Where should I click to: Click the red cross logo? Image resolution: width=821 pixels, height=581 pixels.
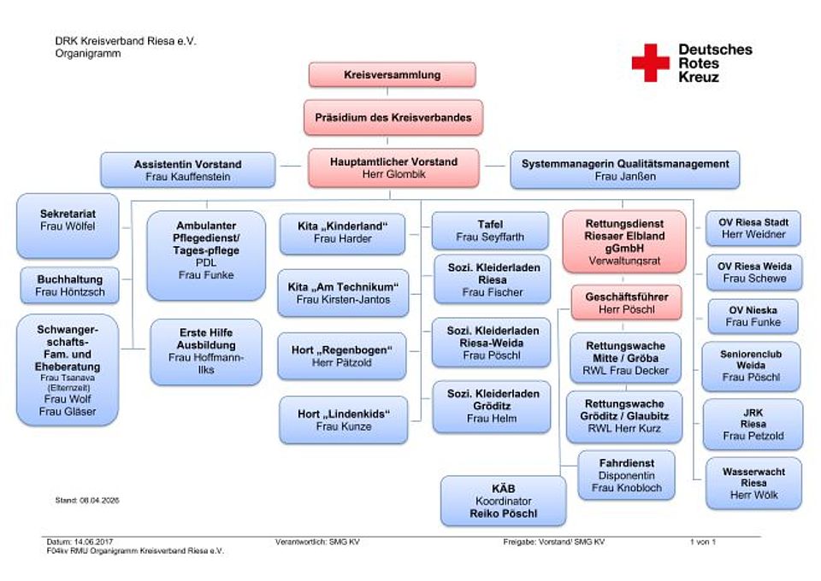650,63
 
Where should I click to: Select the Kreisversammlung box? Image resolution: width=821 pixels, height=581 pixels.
392,74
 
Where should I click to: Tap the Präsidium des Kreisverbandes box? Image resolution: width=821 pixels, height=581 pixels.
392,117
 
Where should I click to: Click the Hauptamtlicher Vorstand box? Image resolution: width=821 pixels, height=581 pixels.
393,168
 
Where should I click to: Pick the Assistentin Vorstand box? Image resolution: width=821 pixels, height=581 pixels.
188,170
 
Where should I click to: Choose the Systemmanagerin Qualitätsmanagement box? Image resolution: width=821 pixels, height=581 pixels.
624,170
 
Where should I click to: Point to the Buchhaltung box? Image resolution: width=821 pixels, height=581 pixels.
70,285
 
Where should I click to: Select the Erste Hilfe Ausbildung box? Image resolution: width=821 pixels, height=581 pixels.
205,350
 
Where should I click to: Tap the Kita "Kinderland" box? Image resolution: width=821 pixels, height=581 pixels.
343,232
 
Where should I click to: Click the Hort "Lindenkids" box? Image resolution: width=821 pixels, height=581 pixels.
343,420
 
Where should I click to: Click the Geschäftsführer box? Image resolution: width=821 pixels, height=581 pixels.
626,302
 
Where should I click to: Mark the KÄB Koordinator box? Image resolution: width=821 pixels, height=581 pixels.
503,501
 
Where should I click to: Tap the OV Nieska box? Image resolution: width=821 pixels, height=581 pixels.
753,315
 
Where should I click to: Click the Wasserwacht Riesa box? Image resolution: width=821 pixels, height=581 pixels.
753,483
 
